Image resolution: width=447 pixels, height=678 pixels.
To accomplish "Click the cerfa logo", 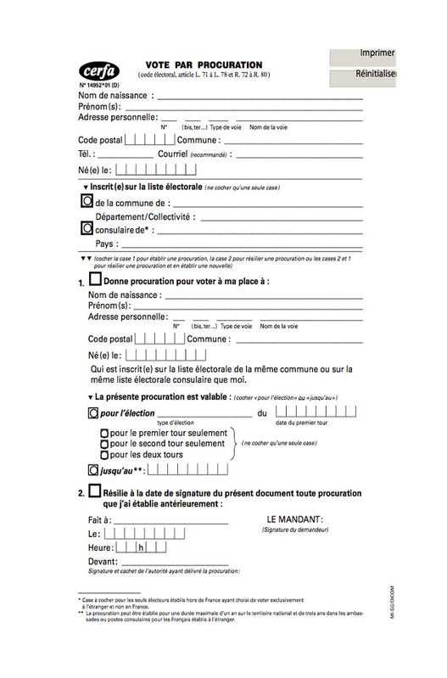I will coord(99,70).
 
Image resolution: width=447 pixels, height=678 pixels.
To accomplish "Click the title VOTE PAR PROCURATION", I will coord(204,64).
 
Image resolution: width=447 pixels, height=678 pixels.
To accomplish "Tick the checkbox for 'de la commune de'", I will coord(86,202).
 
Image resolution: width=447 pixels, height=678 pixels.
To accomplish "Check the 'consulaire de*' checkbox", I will coord(86,228).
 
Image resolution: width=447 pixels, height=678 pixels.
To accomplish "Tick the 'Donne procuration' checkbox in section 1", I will coord(95,279).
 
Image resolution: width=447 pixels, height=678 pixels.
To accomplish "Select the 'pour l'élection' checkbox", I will coord(92,413).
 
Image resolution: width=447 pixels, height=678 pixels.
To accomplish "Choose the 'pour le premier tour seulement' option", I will coord(104,433).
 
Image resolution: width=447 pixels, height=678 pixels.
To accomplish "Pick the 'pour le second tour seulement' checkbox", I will coord(104,444).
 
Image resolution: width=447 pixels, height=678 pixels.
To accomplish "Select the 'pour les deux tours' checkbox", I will coord(104,455).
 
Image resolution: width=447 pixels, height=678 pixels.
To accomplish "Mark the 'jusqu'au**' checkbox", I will coord(92,469).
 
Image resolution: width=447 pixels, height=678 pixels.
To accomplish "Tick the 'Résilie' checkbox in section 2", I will coord(94,492).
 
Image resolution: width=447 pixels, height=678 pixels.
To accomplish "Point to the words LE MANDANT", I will coord(294,518).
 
